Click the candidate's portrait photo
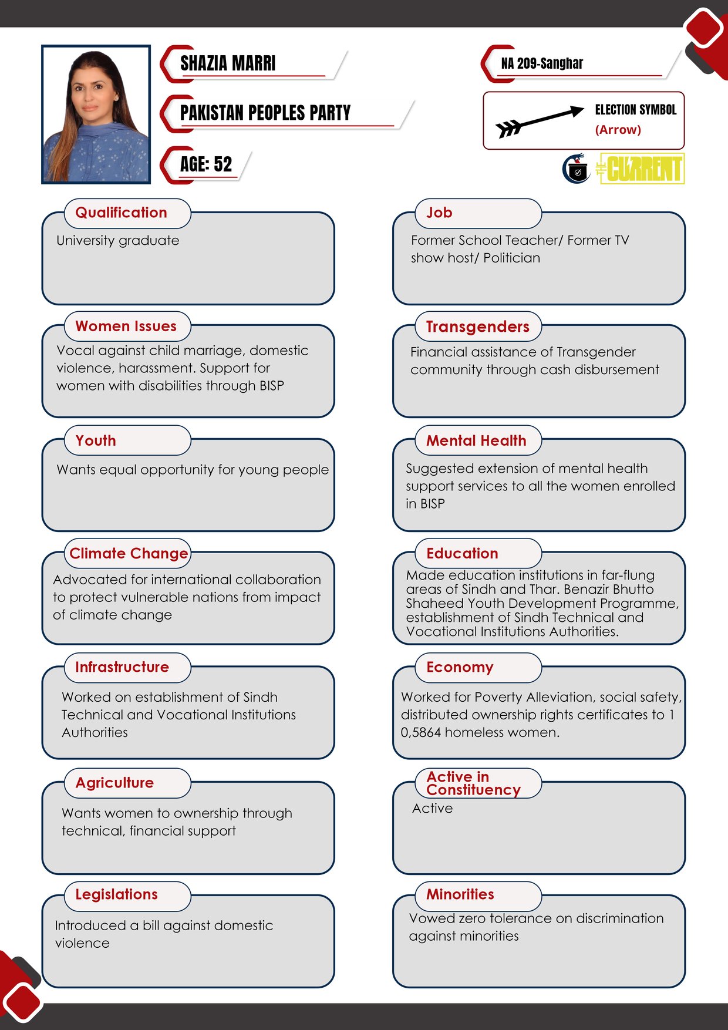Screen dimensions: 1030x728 [96, 115]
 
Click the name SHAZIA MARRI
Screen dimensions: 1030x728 [228, 63]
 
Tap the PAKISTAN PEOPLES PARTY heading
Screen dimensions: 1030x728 [265, 113]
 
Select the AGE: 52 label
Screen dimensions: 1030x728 [206, 164]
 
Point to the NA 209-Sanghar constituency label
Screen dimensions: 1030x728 [542, 63]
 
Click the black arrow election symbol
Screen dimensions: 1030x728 [539, 120]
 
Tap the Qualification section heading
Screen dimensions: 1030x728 [122, 213]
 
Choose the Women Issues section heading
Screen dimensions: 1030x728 [126, 326]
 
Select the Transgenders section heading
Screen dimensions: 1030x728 [477, 326]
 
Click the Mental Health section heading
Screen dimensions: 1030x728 [476, 440]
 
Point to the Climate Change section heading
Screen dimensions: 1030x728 [129, 554]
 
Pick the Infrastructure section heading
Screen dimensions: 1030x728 [122, 667]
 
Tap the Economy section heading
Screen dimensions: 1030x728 [460, 667]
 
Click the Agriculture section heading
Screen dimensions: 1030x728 [114, 783]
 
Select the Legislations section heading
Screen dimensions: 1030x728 [116, 894]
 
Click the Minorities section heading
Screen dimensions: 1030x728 [460, 894]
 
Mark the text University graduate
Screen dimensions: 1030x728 [118, 241]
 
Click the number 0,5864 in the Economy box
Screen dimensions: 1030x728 [421, 732]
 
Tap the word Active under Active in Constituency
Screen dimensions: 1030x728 [433, 809]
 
